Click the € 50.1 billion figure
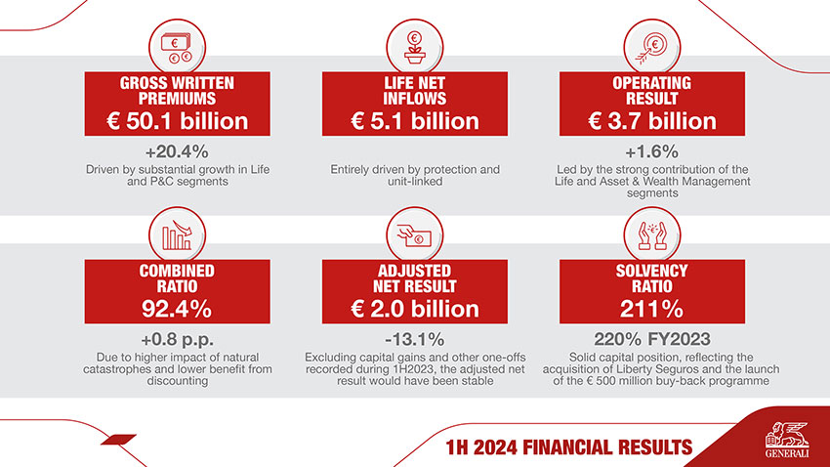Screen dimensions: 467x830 tap(177, 121)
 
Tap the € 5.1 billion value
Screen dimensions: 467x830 tap(414, 121)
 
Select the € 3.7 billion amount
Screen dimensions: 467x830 tap(651, 121)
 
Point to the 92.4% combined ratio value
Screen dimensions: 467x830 tap(177, 309)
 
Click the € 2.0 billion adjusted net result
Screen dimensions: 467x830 tap(414, 309)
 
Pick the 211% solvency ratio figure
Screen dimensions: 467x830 tap(651, 309)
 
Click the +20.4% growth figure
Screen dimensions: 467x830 tap(177, 152)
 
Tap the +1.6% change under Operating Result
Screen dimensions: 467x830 tap(651, 152)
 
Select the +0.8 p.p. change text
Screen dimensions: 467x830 tap(177, 340)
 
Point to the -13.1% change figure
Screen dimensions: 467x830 tap(414, 340)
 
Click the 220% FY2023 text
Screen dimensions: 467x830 tap(651, 340)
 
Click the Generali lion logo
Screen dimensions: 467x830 tap(788, 436)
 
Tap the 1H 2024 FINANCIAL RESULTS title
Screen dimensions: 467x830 tap(568, 447)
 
